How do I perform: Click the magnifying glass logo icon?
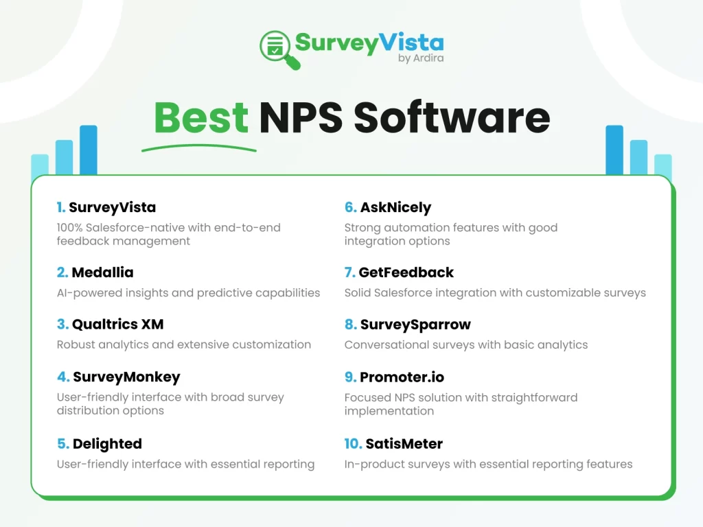279,49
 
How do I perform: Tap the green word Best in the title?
201,118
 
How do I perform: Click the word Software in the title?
452,117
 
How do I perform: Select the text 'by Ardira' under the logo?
421,58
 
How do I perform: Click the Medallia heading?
102,272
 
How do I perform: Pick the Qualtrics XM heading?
117,325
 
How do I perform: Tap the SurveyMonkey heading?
126,377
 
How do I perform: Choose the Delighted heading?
107,444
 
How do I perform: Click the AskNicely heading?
395,207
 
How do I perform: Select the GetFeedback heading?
406,272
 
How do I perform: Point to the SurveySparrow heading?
415,325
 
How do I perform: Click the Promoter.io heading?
402,377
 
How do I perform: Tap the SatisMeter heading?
404,444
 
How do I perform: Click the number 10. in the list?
353,444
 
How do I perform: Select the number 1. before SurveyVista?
61,207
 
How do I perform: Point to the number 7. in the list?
349,272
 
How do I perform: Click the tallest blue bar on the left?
89,150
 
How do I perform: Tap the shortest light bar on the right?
663,165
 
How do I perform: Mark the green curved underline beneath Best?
199,148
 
